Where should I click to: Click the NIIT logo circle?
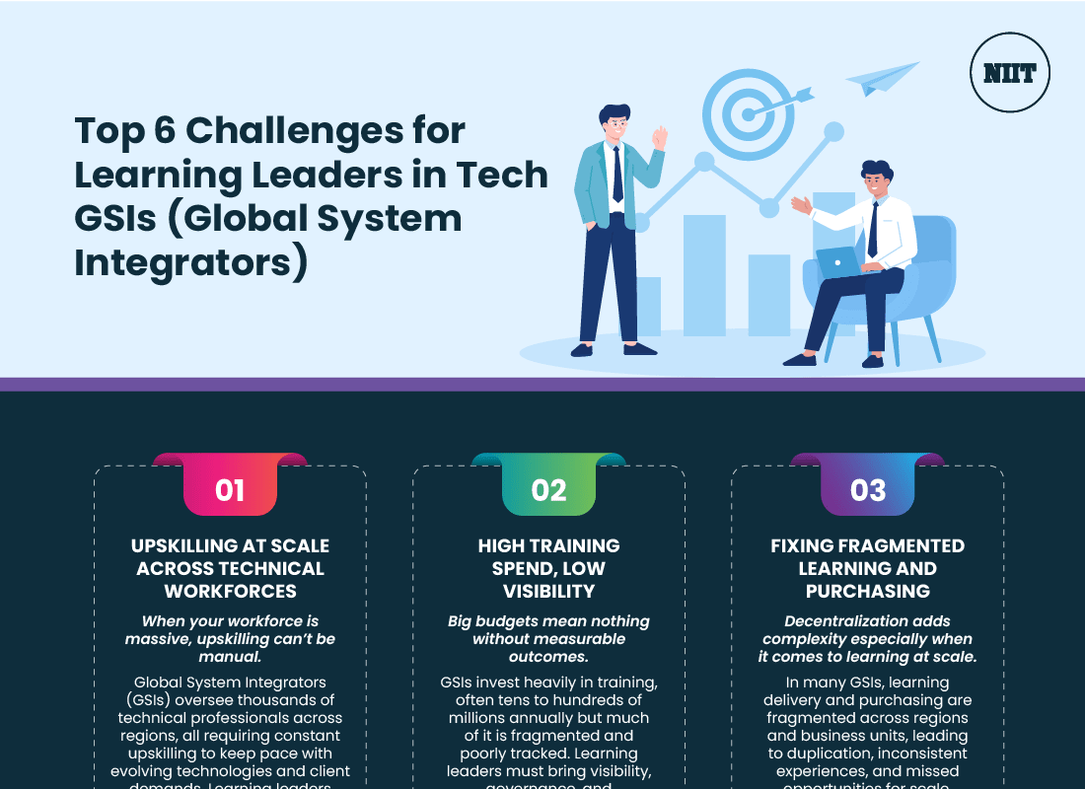[x=1009, y=72]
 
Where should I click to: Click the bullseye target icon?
[x=749, y=113]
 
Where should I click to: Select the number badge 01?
[x=230, y=490]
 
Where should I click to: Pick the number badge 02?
[x=548, y=490]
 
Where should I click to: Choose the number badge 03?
[x=867, y=490]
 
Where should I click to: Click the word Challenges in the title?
[x=325, y=130]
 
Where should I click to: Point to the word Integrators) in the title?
[x=191, y=263]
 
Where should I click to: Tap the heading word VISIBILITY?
[x=548, y=591]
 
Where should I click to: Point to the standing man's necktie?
[x=617, y=174]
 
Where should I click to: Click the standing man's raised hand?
[x=659, y=137]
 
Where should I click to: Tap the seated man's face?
[x=874, y=184]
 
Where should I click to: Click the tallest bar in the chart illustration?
[x=704, y=276]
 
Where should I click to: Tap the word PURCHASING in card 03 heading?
[x=867, y=591]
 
